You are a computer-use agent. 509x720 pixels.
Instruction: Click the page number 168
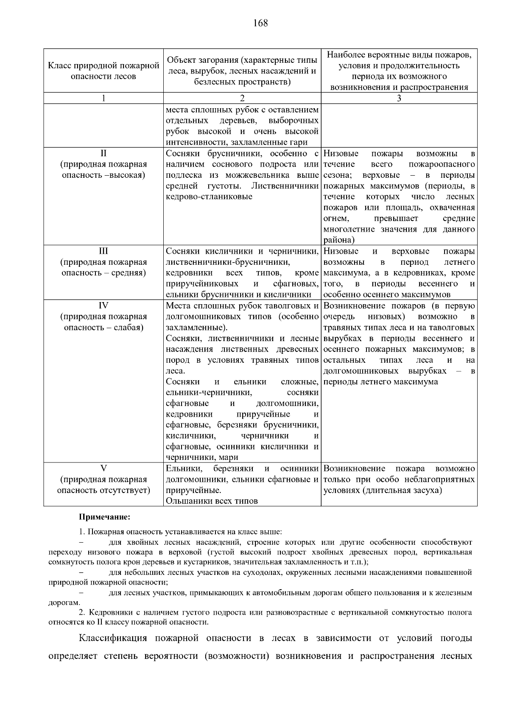260,23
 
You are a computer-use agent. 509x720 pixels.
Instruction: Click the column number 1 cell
103,98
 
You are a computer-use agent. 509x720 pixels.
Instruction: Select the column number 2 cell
242,98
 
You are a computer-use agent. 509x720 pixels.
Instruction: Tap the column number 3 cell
399,98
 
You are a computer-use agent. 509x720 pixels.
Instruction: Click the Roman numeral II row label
103,153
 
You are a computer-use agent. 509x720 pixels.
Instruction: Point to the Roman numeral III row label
103,251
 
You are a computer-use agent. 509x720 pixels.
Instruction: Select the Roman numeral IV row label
103,305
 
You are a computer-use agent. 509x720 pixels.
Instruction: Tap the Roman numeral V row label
103,468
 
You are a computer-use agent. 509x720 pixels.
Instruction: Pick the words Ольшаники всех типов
212,501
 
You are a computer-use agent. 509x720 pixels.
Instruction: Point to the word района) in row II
339,240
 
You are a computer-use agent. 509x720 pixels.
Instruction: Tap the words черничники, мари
202,457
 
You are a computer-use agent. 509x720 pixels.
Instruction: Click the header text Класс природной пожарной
103,66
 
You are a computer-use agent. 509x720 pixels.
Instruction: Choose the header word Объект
181,60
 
